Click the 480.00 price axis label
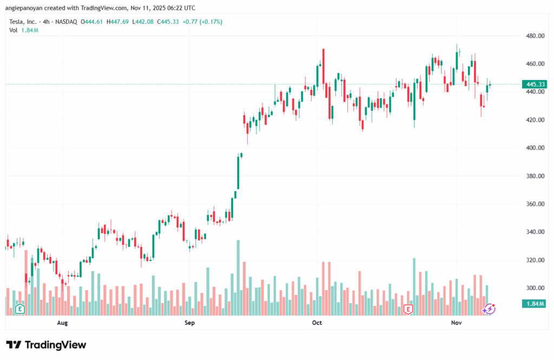pyautogui.click(x=534, y=36)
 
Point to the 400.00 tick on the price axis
pyautogui.click(x=534, y=148)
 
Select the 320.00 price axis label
pyautogui.click(x=534, y=260)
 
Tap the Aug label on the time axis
pyautogui.click(x=62, y=323)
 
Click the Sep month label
pyautogui.click(x=189, y=323)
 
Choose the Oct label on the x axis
pyautogui.click(x=317, y=323)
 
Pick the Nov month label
pyautogui.click(x=456, y=323)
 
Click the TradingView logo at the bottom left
pyautogui.click(x=46, y=345)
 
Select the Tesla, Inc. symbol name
pyautogui.click(x=24, y=22)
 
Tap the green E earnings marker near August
pyautogui.click(x=20, y=309)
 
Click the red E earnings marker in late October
pyautogui.click(x=408, y=309)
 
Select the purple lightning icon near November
pyautogui.click(x=489, y=309)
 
